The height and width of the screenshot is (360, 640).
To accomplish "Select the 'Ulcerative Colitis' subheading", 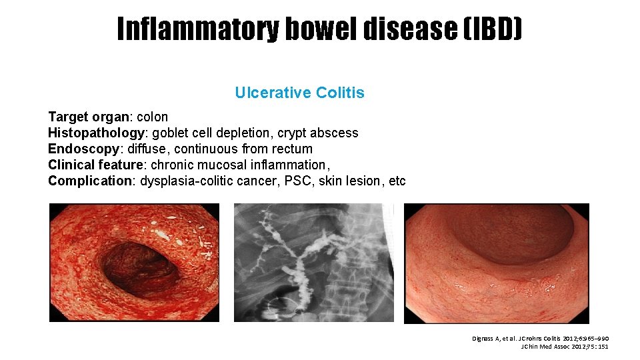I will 299,93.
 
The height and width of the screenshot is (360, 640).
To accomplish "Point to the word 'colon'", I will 153,117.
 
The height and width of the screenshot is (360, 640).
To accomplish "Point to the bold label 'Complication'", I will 90,181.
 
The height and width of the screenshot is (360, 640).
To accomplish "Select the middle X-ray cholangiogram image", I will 313,263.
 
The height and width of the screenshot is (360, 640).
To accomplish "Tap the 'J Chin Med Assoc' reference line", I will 564,347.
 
